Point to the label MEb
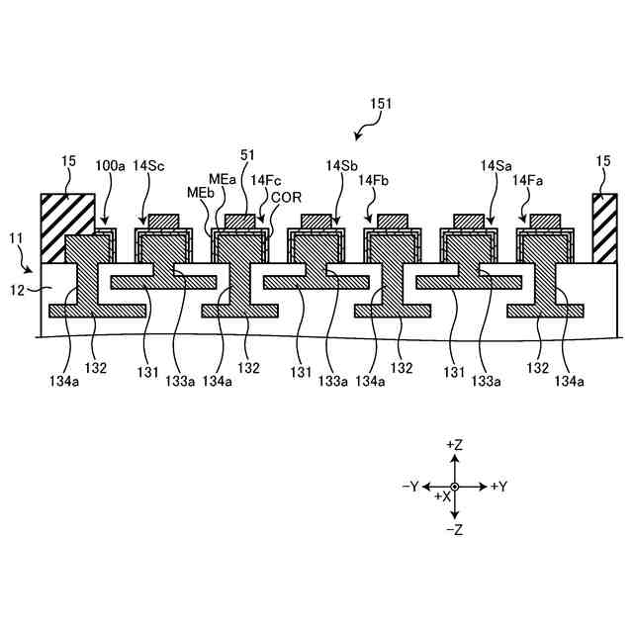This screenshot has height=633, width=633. point(200,191)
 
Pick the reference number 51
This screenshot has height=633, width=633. point(247,154)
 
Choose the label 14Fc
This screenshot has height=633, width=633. point(265,180)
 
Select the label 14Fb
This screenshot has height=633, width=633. point(374,180)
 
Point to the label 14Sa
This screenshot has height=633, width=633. point(496,166)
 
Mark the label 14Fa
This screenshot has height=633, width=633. point(527,180)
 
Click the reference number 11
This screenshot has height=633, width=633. point(16,238)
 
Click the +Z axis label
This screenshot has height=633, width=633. point(455,445)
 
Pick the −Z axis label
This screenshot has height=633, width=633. point(455,530)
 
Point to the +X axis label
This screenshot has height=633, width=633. point(442,497)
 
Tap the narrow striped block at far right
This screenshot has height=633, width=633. point(603,228)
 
